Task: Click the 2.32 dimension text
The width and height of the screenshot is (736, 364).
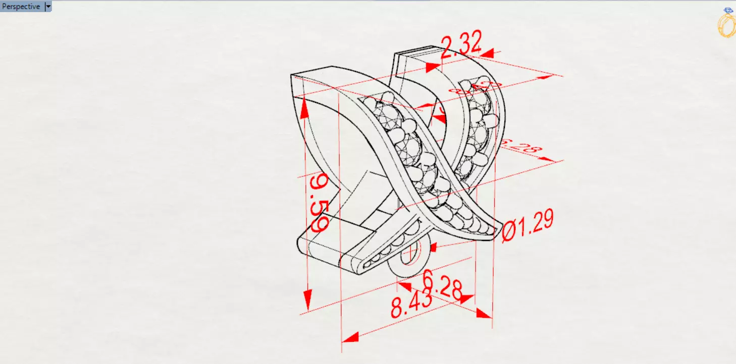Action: (x=461, y=45)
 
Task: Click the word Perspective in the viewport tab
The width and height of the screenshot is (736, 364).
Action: (x=21, y=7)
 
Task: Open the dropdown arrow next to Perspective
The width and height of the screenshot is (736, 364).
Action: (x=48, y=7)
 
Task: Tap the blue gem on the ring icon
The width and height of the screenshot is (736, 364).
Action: (x=728, y=10)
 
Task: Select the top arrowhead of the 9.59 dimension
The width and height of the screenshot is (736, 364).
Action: (x=305, y=108)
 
